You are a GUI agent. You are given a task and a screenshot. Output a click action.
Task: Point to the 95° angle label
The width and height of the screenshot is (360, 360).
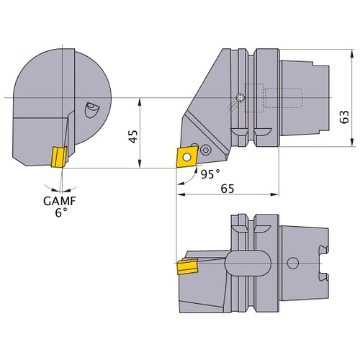(x=210, y=174)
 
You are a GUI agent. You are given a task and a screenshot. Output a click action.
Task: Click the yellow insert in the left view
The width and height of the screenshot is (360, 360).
(x=57, y=156)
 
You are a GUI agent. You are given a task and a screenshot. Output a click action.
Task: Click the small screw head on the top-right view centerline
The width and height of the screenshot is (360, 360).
(x=239, y=98)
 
